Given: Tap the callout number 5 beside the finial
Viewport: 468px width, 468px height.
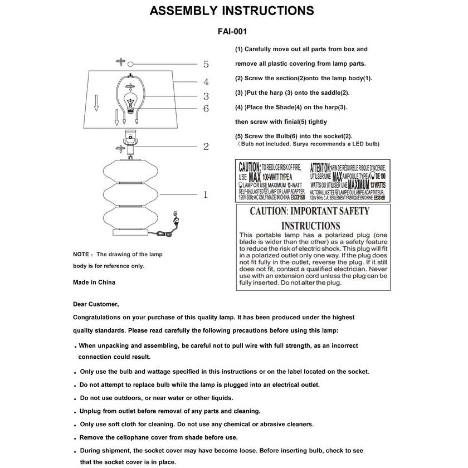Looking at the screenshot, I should [206, 64].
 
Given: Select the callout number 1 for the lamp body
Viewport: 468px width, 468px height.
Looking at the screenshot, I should [206, 194].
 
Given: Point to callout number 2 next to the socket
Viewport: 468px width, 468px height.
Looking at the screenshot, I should [206, 147].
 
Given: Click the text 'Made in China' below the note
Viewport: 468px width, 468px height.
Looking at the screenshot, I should [94, 282].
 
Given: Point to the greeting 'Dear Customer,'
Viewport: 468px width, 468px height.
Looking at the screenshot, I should [96, 304].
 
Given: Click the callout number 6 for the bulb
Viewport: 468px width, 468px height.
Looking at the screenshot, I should [206, 108].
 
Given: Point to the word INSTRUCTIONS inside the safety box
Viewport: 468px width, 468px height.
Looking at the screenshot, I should [310, 226].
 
